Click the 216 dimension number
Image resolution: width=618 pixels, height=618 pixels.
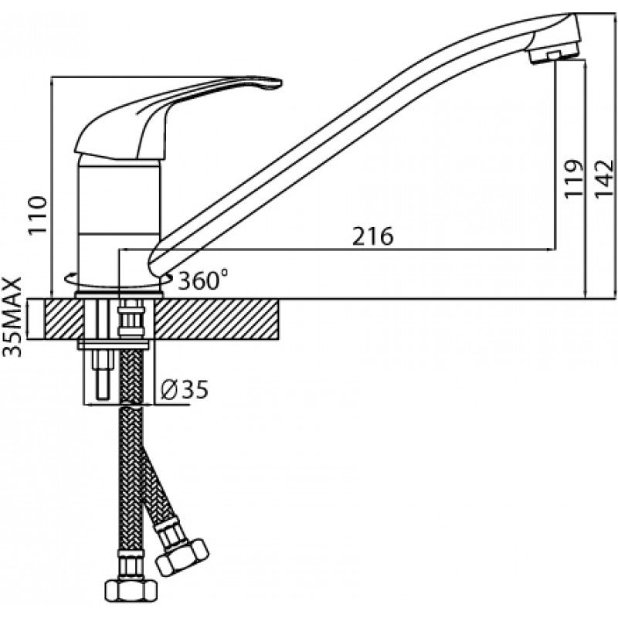tap(372, 236)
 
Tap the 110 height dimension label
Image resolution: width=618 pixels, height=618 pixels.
tap(38, 216)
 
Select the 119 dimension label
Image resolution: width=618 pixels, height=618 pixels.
tap(572, 178)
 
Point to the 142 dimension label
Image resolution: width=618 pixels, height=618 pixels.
tap(604, 178)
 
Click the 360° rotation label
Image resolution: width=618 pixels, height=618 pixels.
tap(202, 280)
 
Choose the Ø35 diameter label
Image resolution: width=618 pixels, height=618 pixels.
tap(184, 390)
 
